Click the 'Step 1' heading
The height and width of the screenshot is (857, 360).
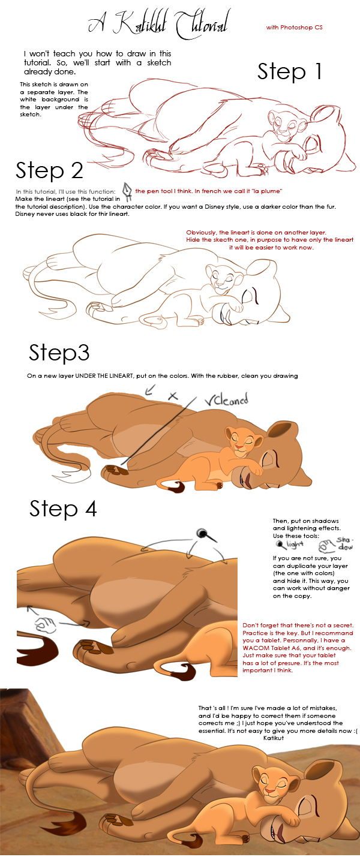290,71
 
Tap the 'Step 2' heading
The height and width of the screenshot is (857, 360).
49,170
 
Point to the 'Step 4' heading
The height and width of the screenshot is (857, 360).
63,509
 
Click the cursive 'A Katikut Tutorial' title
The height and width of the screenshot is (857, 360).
157,25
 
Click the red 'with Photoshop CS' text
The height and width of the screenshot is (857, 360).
295,28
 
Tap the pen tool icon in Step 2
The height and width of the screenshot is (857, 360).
127,189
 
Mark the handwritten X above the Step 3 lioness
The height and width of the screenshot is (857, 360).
173,396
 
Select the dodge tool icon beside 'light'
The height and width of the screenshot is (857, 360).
279,545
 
